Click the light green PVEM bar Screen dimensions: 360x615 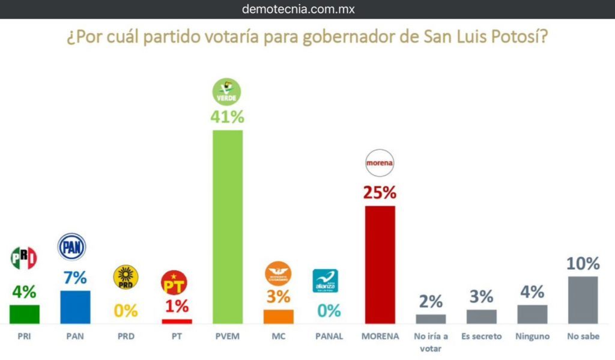coord(228,227)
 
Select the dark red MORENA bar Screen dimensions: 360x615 coord(380,265)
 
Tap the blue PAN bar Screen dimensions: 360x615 coord(76,307)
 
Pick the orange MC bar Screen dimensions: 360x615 coord(279,317)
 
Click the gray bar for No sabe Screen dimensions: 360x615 coord(583,300)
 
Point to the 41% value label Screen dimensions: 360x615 coord(228,117)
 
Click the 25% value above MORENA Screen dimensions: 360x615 coord(380,193)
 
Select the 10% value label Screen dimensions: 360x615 coord(583,264)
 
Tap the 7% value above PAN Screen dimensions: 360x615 coord(75,278)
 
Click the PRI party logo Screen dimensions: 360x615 coord(24,258)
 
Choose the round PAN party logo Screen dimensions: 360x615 coord(71,247)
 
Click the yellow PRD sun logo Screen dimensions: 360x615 coord(126,277)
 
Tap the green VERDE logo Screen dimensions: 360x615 coord(228,91)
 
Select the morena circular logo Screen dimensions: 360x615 coord(380,162)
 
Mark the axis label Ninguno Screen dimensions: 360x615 coord(532,337)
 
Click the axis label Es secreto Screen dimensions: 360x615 coord(482,337)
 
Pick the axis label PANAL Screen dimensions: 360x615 coord(329,337)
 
